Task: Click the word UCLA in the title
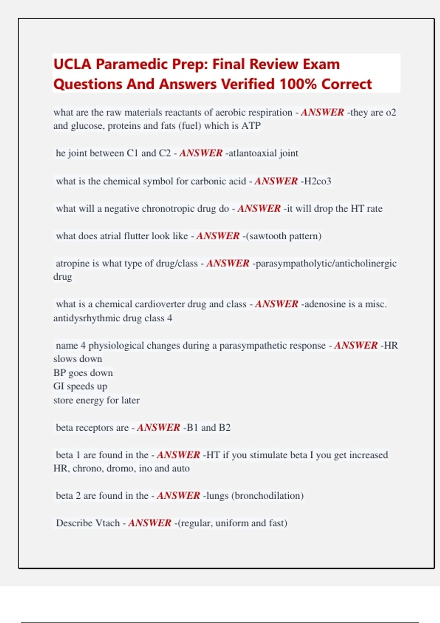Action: point(72,64)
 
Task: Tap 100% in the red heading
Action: point(298,84)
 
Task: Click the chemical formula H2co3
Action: point(318,181)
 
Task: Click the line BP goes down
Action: point(83,373)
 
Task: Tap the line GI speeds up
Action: point(80,386)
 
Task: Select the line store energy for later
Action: point(96,400)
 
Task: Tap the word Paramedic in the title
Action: point(132,64)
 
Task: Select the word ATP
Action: point(251,126)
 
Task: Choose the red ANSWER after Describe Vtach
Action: point(150,523)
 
